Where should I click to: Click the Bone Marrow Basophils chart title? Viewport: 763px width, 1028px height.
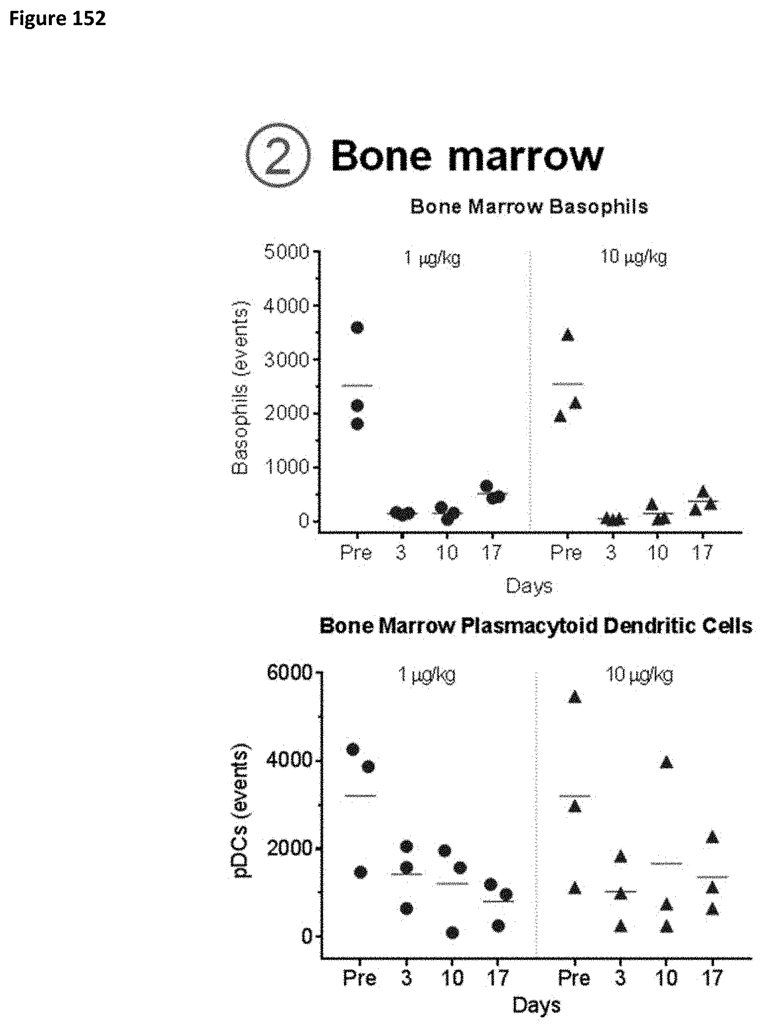[x=529, y=207]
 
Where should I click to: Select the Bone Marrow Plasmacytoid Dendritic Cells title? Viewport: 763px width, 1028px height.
[x=535, y=626]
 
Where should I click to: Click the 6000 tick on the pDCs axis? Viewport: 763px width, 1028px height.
[x=289, y=673]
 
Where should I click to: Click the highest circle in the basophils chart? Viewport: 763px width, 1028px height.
[x=357, y=328]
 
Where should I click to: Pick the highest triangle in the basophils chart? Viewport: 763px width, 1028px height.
[x=568, y=335]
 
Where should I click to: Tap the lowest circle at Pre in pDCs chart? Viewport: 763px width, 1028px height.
[x=361, y=873]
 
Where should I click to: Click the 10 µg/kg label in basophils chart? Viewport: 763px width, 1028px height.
[x=633, y=257]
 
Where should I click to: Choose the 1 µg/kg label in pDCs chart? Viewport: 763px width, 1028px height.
[x=427, y=674]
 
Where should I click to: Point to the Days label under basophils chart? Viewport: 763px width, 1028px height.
[x=529, y=586]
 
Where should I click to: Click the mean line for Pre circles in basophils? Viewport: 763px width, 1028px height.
[x=357, y=386]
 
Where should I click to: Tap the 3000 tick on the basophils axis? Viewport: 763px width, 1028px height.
[x=286, y=360]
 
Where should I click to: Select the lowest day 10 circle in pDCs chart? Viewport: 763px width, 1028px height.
[x=452, y=933]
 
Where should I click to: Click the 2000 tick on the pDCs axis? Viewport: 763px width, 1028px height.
[x=289, y=848]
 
